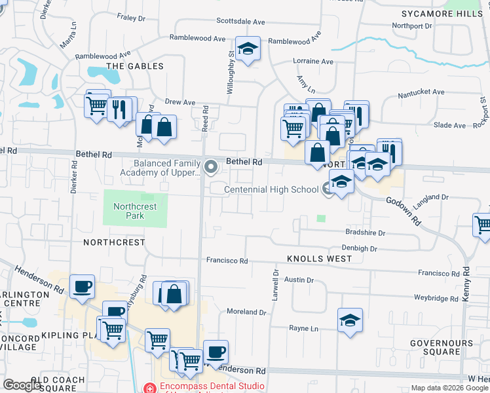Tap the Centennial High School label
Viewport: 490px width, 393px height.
(271, 190)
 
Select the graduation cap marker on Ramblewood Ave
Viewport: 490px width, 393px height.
(248, 49)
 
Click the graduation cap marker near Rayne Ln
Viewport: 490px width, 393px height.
(350, 320)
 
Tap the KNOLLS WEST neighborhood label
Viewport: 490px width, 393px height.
(319, 259)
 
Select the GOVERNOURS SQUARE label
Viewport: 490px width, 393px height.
(436, 347)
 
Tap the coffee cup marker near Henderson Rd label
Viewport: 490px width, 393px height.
(82, 286)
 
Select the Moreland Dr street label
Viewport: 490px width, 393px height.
(246, 312)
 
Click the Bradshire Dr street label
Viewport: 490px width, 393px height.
(366, 233)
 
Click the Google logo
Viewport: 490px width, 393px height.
(22, 385)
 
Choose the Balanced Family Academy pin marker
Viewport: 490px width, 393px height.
(211, 167)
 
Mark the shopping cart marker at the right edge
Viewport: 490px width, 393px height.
(483, 225)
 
